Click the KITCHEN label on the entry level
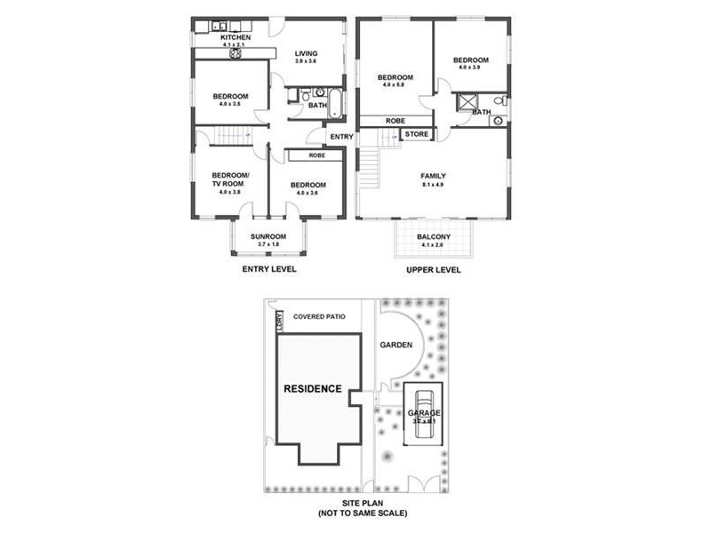pyautogui.click(x=236, y=37)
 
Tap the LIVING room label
pyautogui.click(x=306, y=54)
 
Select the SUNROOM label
pyautogui.click(x=268, y=236)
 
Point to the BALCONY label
pyautogui.click(x=434, y=237)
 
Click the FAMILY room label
pyautogui.click(x=433, y=176)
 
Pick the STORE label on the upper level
pyautogui.click(x=417, y=134)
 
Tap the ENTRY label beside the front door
pyautogui.click(x=341, y=137)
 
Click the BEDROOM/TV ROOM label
pyautogui.click(x=230, y=179)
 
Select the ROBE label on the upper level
pyautogui.click(x=395, y=120)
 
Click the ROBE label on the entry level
pyautogui.click(x=316, y=155)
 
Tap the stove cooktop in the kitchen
pyautogui.click(x=237, y=52)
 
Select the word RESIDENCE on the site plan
pyautogui.click(x=312, y=389)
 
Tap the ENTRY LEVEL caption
pyautogui.click(x=269, y=269)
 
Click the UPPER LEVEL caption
pyautogui.click(x=433, y=269)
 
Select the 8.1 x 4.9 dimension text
pyautogui.click(x=433, y=185)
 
